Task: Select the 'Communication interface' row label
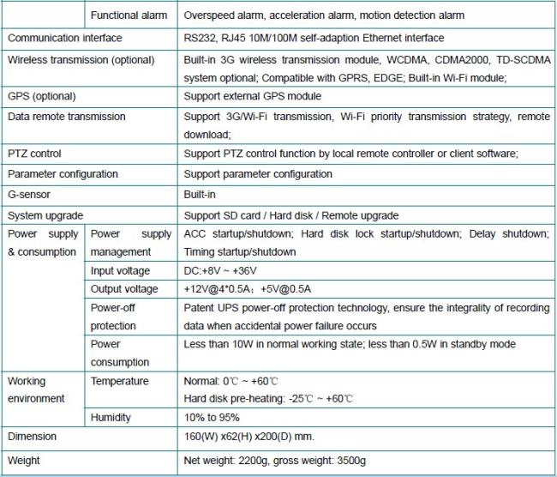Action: pyautogui.click(x=64, y=38)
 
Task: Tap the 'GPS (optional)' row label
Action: pyautogui.click(x=41, y=96)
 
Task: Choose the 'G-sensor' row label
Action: pyautogui.click(x=30, y=195)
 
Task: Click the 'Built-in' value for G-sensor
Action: pyautogui.click(x=200, y=195)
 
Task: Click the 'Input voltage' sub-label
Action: pyautogui.click(x=120, y=271)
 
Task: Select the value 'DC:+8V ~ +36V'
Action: pyautogui.click(x=220, y=271)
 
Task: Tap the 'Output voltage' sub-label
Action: pyautogui.click(x=123, y=289)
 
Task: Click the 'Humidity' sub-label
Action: pyautogui.click(x=111, y=417)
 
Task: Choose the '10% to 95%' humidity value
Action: pyautogui.click(x=211, y=417)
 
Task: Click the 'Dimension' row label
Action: pyautogui.click(x=32, y=437)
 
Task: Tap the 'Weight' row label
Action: pyautogui.click(x=24, y=461)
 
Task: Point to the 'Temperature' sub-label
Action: pyautogui.click(x=119, y=381)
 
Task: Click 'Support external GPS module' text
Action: pyautogui.click(x=252, y=96)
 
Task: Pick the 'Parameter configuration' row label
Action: pyautogui.click(x=62, y=174)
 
